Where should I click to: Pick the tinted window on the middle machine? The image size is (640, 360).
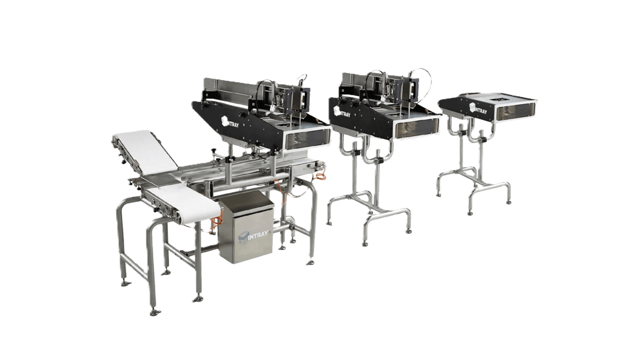tap(416, 126)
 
